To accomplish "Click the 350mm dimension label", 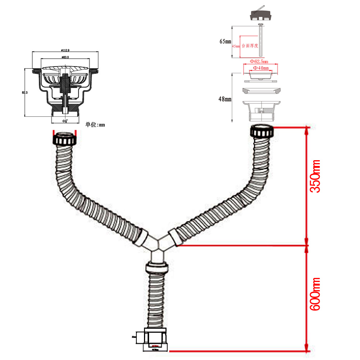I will tap(315, 176).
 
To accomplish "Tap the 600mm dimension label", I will tap(315, 294).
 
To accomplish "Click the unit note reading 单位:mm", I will tap(95, 125).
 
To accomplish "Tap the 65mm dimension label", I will tap(225, 41).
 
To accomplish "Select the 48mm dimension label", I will tap(225, 99).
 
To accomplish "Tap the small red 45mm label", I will tap(236, 46).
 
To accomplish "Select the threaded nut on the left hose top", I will tap(65, 139).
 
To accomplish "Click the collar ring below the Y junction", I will tap(157, 268).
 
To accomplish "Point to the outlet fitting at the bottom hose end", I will tap(156, 338).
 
